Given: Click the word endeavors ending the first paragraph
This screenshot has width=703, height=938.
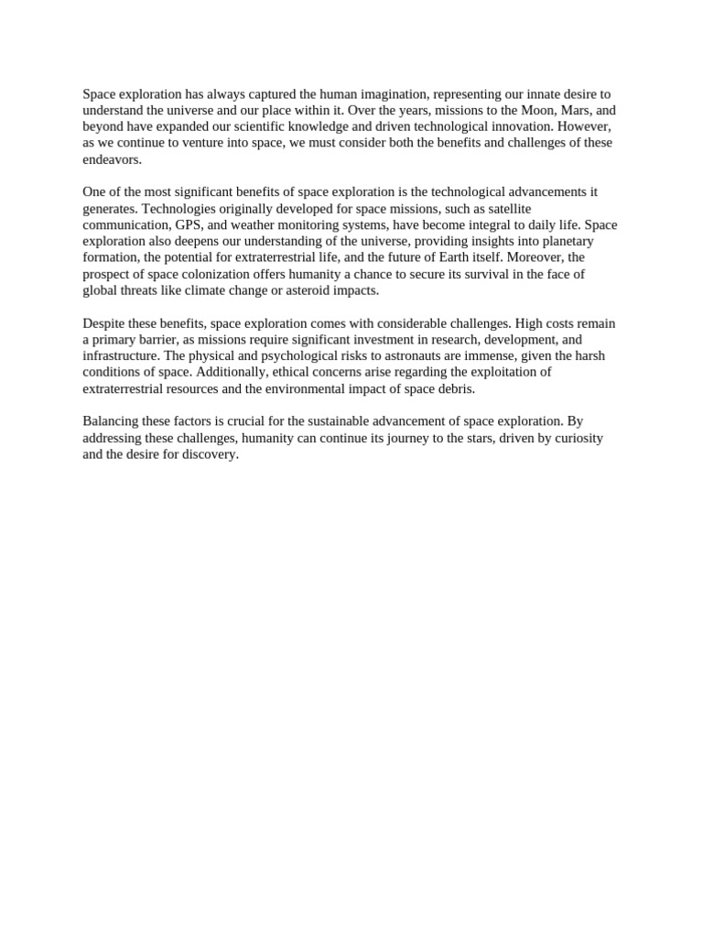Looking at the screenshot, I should click(112, 159).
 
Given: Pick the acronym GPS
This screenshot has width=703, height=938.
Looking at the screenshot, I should click(190, 224).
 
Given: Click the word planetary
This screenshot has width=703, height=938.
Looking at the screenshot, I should click(561, 241).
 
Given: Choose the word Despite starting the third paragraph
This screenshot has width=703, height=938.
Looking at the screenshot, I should click(104, 323).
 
